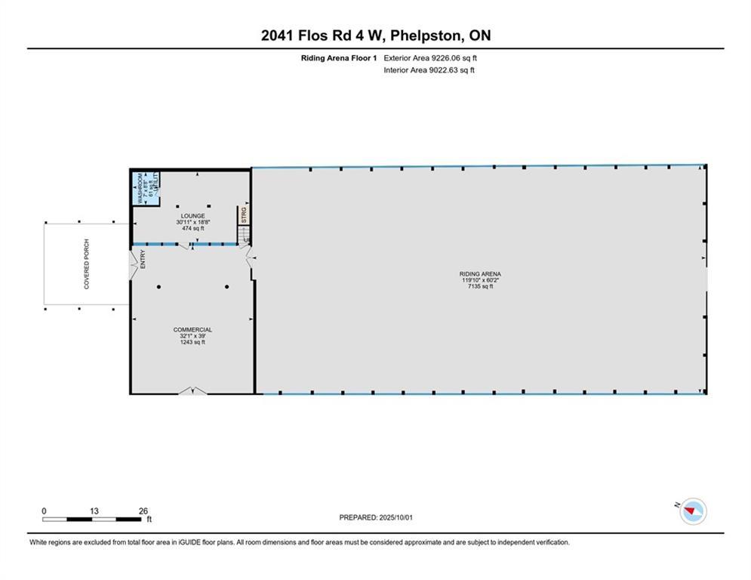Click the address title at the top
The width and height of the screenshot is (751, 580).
click(x=375, y=35)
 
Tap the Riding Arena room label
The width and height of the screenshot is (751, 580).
click(x=481, y=274)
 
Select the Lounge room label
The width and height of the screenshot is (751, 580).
click(x=192, y=216)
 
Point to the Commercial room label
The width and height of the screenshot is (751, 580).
click(x=192, y=329)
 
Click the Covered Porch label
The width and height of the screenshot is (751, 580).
click(x=87, y=270)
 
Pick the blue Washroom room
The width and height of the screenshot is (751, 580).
click(x=141, y=188)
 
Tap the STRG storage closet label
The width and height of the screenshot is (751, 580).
click(x=244, y=214)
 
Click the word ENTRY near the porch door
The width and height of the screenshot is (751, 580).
click(x=142, y=261)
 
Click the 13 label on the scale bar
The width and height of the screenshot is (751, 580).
click(x=94, y=511)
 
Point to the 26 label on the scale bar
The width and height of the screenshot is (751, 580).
click(x=143, y=511)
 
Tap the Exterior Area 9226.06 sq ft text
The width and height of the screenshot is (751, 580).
click(x=431, y=57)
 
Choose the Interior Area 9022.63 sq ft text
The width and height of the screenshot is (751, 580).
click(x=429, y=70)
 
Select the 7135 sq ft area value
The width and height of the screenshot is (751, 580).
click(x=481, y=287)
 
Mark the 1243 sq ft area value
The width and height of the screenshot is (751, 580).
click(x=192, y=342)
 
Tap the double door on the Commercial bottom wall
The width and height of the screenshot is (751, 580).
click(x=192, y=390)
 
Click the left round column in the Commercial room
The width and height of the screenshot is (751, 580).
click(x=159, y=287)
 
